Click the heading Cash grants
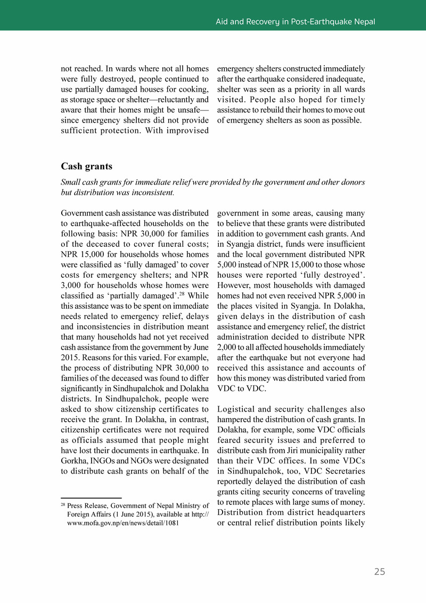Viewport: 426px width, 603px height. coord(86,167)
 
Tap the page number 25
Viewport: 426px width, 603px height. coord(379,572)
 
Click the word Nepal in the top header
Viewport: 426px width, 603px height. coord(364,22)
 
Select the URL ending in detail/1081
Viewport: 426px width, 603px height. coord(123,524)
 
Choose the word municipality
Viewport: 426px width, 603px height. coord(319,451)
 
